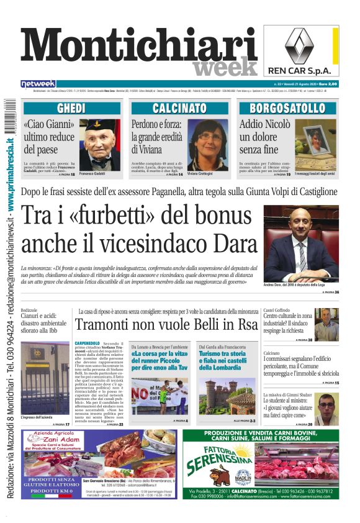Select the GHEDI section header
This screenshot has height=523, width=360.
tap(71, 108)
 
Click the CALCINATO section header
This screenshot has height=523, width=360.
tap(180, 108)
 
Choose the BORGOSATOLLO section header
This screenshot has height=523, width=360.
tap(290, 108)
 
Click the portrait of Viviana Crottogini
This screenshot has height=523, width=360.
tap(209, 145)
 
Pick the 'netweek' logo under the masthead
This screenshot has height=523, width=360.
tap(38, 84)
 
